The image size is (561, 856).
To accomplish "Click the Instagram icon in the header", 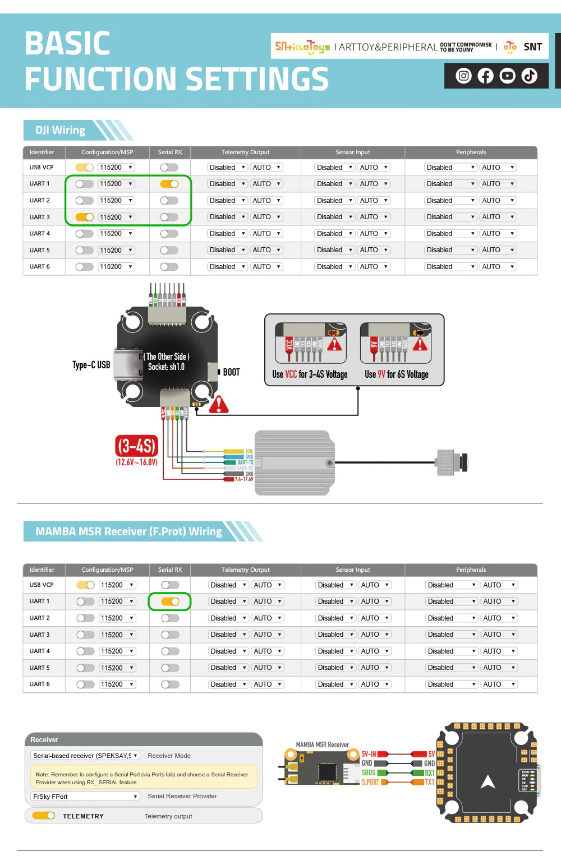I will point(463,76).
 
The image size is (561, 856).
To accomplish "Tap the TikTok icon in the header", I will point(529,76).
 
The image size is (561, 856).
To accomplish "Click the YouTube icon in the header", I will point(507,76).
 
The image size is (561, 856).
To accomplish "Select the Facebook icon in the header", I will point(485,76).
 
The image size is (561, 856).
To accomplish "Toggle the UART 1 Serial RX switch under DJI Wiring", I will point(169,184).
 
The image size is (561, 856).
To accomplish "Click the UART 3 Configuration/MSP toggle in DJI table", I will point(85,217).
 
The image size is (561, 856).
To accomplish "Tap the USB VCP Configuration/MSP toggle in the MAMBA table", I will point(86,585).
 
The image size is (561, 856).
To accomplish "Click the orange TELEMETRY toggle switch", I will point(43,816).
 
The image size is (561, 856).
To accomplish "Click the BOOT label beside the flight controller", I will point(231,372).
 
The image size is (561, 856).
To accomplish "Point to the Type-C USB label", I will point(91,365).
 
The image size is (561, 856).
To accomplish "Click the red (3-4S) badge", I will point(136,446).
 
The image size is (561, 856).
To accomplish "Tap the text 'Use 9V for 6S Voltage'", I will point(396,374).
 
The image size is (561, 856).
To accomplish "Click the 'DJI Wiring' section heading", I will point(61,130).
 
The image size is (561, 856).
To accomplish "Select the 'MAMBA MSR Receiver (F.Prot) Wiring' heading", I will point(128,531).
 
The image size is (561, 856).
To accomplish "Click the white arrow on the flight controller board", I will point(488,782).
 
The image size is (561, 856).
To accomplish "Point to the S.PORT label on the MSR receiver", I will point(370,781).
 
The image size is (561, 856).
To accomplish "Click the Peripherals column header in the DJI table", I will point(471,152).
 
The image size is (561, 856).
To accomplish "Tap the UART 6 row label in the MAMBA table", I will point(40,684).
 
